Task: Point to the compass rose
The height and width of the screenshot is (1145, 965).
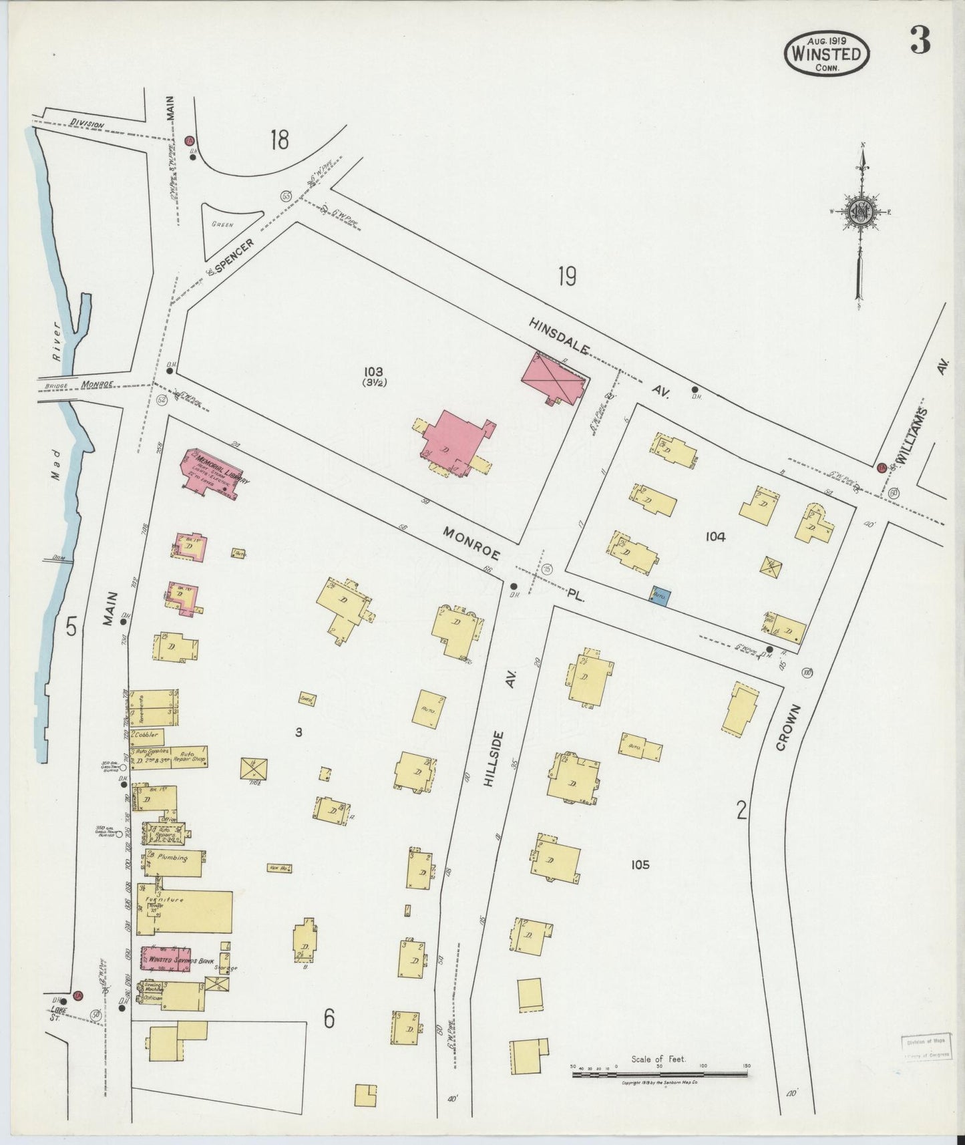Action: point(860,213)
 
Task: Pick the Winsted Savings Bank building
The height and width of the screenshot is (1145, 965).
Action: point(166,959)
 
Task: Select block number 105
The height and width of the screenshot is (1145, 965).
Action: point(639,864)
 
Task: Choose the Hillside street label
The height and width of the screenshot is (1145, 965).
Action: point(495,758)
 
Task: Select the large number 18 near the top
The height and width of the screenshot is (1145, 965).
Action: point(279,140)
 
